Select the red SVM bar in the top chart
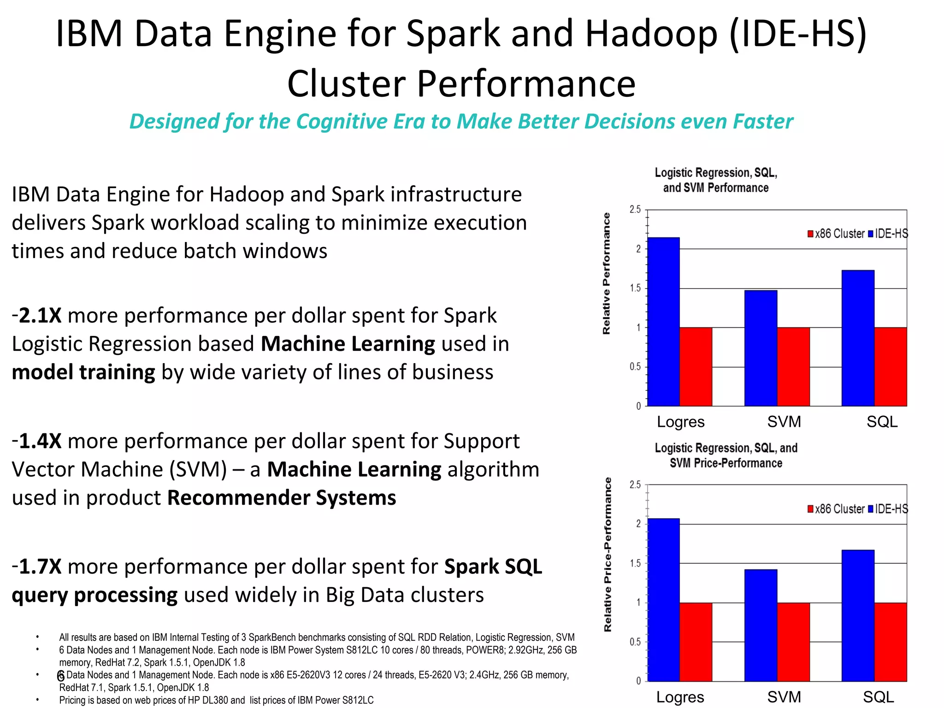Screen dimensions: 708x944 (x=793, y=366)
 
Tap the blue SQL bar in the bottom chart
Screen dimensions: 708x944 (x=858, y=615)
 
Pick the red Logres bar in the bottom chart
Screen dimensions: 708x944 (x=696, y=642)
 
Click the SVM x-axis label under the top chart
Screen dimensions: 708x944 (x=784, y=421)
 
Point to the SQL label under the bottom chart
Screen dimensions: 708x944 (x=878, y=696)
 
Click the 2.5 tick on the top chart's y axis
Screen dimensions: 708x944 (x=635, y=210)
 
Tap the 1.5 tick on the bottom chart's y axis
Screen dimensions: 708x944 (x=635, y=563)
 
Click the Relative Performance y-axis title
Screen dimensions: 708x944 (x=606, y=273)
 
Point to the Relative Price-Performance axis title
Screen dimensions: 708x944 (x=608, y=554)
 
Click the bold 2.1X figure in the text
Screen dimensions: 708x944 (x=40, y=316)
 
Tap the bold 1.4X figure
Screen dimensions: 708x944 (x=40, y=441)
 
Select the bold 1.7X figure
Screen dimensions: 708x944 (x=40, y=566)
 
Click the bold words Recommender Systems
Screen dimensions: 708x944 (x=281, y=498)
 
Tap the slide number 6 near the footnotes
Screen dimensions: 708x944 (x=60, y=676)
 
